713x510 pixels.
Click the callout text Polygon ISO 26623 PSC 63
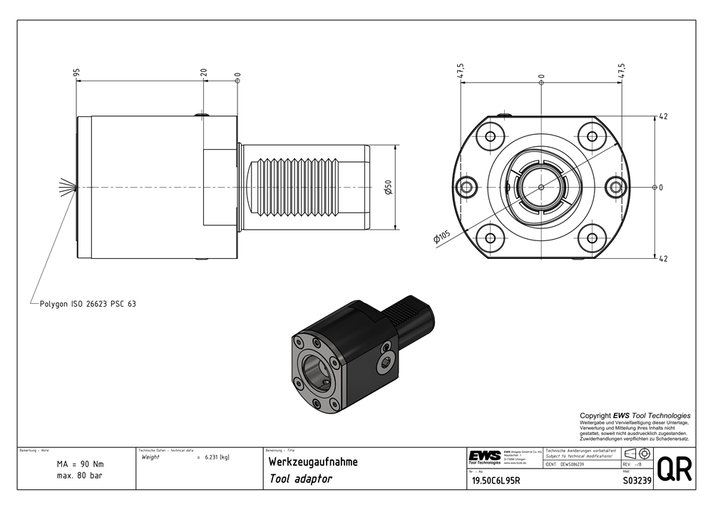click(x=88, y=304)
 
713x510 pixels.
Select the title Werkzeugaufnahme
click(x=313, y=462)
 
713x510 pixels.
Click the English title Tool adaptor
click(x=301, y=479)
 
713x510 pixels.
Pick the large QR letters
click(x=673, y=470)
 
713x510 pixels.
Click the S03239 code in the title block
click(x=637, y=481)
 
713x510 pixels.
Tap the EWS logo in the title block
click(x=485, y=457)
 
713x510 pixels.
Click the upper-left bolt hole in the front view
click(x=490, y=136)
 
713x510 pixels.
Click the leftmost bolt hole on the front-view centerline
click(x=468, y=187)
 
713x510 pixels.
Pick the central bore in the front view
click(x=541, y=187)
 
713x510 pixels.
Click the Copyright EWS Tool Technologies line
click(x=635, y=415)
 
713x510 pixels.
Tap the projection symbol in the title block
click(x=636, y=454)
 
